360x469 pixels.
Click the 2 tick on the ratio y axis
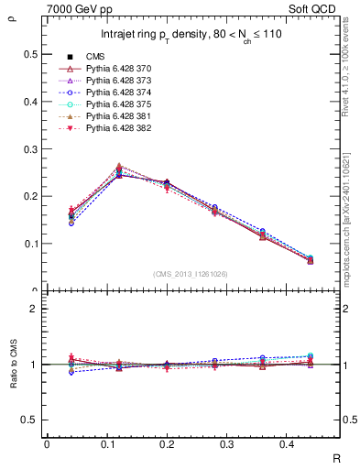tap(35, 309)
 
